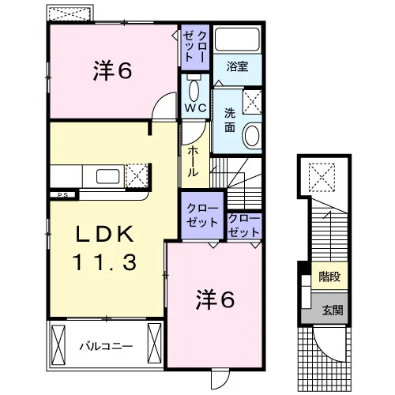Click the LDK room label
[104, 234]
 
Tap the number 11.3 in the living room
[104, 262]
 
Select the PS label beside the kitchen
[62, 195]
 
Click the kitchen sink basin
[108, 176]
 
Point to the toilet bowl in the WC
[194, 90]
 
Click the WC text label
[195, 108]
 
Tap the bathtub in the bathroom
[237, 39]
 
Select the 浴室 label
[237, 66]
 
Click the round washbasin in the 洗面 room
[252, 135]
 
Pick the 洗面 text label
[230, 120]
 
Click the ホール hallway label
[193, 162]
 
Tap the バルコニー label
[106, 346]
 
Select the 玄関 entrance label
[333, 310]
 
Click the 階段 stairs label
[329, 276]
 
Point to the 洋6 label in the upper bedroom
[112, 71]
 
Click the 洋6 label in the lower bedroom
[215, 300]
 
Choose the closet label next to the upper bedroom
[195, 47]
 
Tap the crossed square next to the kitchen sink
[137, 175]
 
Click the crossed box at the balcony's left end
[58, 345]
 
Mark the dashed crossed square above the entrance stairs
[322, 177]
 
